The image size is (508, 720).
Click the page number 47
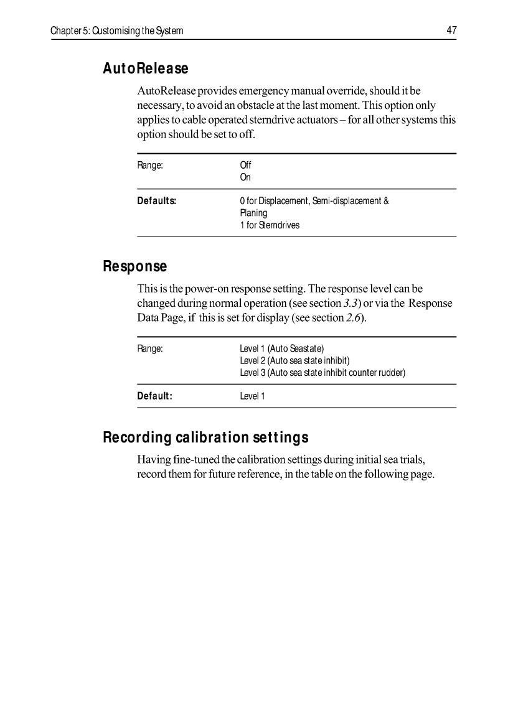click(451, 30)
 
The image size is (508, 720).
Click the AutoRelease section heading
click(145, 68)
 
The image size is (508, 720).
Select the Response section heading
click(134, 266)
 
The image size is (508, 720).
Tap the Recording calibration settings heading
click(205, 437)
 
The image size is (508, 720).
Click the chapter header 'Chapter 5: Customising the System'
click(117, 30)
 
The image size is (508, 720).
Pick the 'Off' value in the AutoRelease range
click(245, 166)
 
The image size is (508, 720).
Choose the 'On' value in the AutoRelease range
click(245, 177)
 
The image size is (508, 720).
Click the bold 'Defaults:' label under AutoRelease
click(157, 201)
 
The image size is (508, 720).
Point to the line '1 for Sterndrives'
click(270, 225)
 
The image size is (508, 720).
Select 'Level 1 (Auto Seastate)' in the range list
click(282, 348)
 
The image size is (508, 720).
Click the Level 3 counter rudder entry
click(322, 373)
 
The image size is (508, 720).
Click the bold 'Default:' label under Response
click(154, 396)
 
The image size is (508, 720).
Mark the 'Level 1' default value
click(252, 396)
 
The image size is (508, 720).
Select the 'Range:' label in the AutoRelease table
click(150, 166)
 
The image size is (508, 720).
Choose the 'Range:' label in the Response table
click(150, 348)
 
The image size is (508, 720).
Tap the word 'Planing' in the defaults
click(253, 213)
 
